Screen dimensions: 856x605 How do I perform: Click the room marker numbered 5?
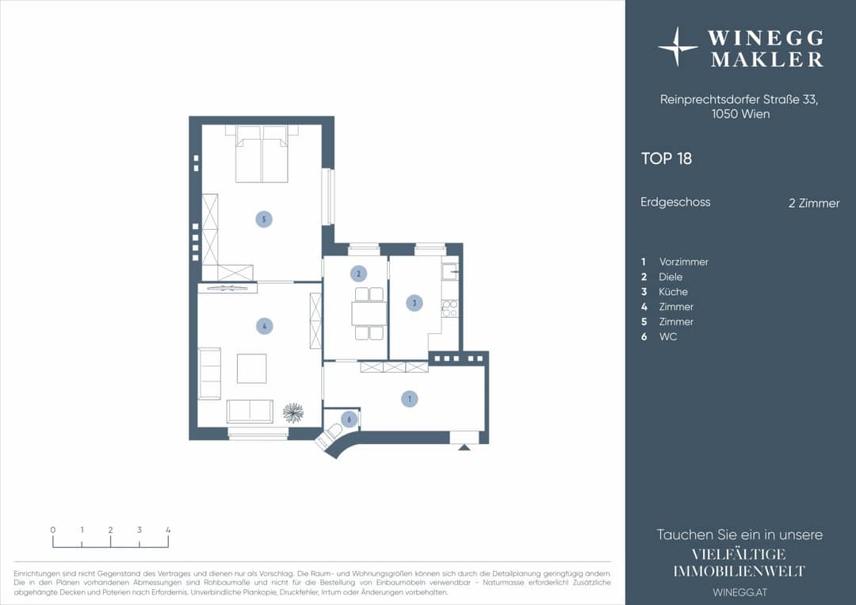[264, 220]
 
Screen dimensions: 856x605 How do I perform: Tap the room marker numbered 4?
[264, 327]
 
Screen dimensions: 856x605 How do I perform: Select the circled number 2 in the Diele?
[359, 274]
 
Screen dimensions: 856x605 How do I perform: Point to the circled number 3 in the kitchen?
[415, 303]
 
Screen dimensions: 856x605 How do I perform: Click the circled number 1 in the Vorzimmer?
[410, 399]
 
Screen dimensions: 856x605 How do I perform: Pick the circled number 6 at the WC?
[350, 419]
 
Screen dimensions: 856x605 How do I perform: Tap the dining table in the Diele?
[369, 313]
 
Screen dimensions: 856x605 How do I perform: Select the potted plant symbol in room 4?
[293, 413]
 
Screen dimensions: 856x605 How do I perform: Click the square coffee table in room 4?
[252, 369]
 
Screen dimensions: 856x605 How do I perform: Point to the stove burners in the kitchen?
[450, 308]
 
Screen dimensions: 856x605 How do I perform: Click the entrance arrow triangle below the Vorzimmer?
[464, 447]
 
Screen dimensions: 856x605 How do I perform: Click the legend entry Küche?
[673, 292]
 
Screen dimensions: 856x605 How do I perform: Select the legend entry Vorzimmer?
[683, 262]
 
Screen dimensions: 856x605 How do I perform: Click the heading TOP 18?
[667, 159]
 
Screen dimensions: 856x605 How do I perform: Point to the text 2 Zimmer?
[814, 203]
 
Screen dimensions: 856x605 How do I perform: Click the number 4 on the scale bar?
[168, 530]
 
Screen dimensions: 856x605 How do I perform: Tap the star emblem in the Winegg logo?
[678, 47]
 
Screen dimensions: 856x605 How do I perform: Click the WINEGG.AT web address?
[739, 592]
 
